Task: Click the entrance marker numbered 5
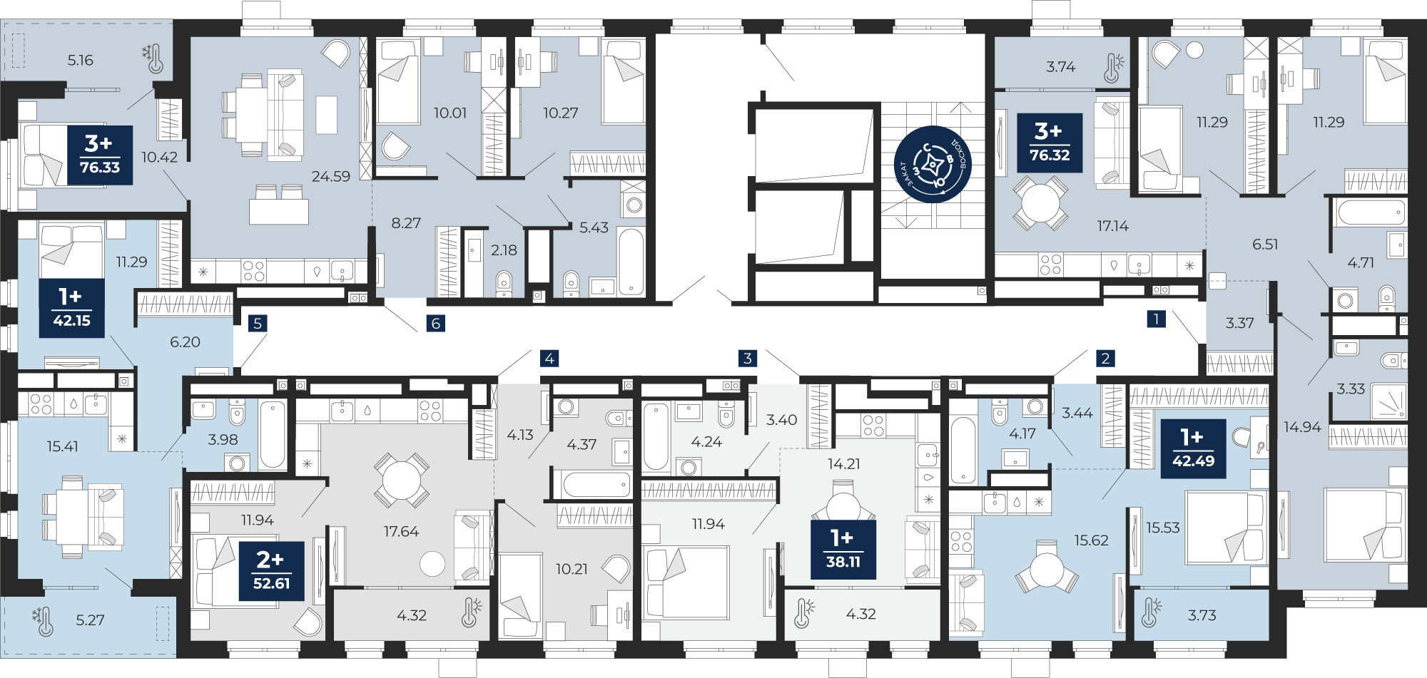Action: pyautogui.click(x=258, y=323)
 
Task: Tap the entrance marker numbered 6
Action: pyautogui.click(x=436, y=323)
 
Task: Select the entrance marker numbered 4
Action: pyautogui.click(x=549, y=358)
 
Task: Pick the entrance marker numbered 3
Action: pyautogui.click(x=748, y=358)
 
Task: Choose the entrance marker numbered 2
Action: pyautogui.click(x=1105, y=358)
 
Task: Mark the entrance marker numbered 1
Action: pyautogui.click(x=1156, y=318)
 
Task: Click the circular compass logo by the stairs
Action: pyautogui.click(x=933, y=165)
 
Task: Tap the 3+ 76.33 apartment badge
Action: pyautogui.click(x=100, y=155)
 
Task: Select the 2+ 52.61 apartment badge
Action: pyautogui.click(x=272, y=571)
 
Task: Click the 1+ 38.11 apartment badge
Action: pyautogui.click(x=843, y=550)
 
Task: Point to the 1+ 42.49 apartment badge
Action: pyautogui.click(x=1193, y=448)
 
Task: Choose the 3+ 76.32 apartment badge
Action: pyautogui.click(x=1050, y=143)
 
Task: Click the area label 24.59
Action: pyautogui.click(x=331, y=176)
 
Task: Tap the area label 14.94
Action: pyautogui.click(x=1302, y=427)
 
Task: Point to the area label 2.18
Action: pyautogui.click(x=504, y=250)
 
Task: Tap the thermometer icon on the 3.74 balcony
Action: pyautogui.click(x=1113, y=67)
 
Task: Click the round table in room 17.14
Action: pyautogui.click(x=1040, y=203)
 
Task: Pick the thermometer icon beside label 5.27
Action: pyautogui.click(x=43, y=621)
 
